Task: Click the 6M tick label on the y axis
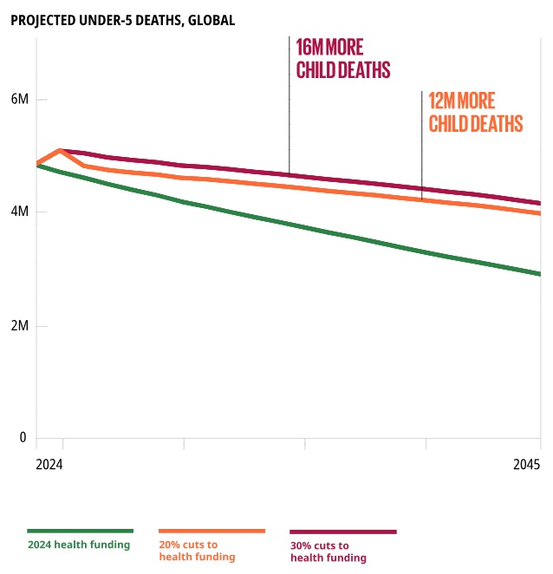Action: [19, 99]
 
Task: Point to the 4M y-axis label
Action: [19, 212]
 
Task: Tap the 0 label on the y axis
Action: [23, 438]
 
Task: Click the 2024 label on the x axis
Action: [49, 465]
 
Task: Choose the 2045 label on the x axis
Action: [526, 465]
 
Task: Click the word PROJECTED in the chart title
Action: [48, 20]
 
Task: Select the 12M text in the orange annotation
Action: [448, 101]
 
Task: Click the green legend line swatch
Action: [80, 530]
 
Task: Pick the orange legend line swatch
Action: [212, 530]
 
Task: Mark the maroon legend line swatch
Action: [343, 532]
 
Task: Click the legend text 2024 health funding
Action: [79, 545]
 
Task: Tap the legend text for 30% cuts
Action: [329, 551]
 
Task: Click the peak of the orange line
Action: [59, 150]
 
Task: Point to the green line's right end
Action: [539, 274]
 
